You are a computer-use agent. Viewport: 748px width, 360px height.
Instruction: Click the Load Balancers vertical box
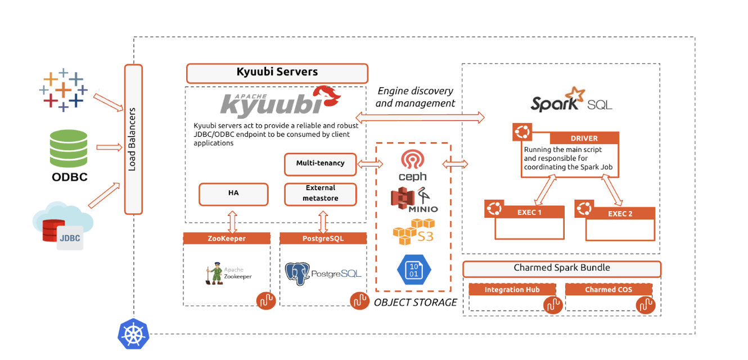tap(133, 139)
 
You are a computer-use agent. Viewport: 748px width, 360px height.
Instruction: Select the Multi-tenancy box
tap(320, 164)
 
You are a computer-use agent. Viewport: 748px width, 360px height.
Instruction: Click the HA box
tap(233, 193)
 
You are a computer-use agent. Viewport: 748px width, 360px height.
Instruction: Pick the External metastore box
tap(320, 193)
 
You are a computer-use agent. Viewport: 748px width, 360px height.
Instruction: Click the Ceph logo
tap(412, 165)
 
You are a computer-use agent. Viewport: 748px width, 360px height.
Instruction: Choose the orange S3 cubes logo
tap(413, 232)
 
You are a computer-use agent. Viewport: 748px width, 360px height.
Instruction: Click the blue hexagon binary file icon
tap(413, 270)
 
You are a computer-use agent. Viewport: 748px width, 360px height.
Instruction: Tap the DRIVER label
tap(584, 138)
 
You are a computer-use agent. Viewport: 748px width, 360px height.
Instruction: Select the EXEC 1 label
tap(529, 213)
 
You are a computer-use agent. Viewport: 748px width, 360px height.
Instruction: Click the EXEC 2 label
tap(620, 214)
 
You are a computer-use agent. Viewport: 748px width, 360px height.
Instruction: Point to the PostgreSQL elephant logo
tap(298, 273)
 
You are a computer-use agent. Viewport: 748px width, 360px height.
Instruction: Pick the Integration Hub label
tap(512, 290)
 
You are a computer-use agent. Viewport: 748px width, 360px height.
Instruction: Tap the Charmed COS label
tap(608, 290)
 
